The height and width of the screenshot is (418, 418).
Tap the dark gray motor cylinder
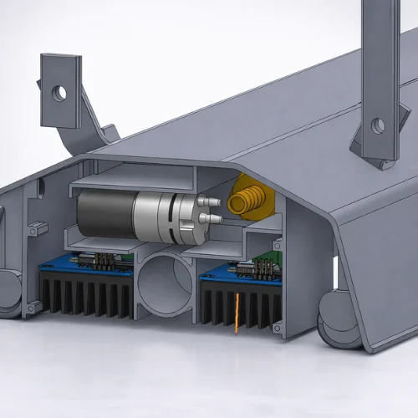104,211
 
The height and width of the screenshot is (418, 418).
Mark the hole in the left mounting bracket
59,90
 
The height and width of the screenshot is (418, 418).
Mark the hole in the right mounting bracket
378,125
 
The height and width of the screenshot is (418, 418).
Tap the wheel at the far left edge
7,293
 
